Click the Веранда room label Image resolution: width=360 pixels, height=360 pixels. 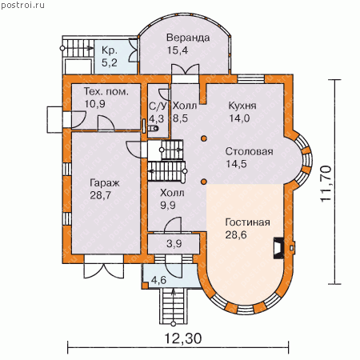pyautogui.click(x=188, y=38)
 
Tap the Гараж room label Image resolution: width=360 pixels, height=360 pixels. pyautogui.click(x=105, y=183)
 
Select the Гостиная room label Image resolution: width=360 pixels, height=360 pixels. pyautogui.click(x=248, y=222)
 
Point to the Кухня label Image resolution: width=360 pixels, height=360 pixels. pyautogui.click(x=242, y=106)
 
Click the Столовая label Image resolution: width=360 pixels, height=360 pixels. pyautogui.click(x=250, y=151)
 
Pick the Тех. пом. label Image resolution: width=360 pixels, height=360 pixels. pyautogui.click(x=106, y=91)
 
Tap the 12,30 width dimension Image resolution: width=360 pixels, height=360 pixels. pyautogui.click(x=183, y=339)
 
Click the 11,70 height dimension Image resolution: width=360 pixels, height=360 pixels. pyautogui.click(x=326, y=184)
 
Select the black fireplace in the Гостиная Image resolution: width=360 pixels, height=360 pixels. pyautogui.click(x=278, y=248)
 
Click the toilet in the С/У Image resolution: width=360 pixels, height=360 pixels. pyautogui.click(x=154, y=129)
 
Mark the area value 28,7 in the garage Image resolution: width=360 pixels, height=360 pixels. pyautogui.click(x=100, y=195)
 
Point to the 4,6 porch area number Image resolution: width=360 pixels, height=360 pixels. pyautogui.click(x=159, y=280)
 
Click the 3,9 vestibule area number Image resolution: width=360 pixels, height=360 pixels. pyautogui.click(x=174, y=243)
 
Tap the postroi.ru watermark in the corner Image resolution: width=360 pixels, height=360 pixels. pyautogui.click(x=23, y=5)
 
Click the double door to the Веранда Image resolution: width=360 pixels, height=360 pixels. pyautogui.click(x=186, y=70)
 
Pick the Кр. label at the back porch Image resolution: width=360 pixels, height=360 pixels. pyautogui.click(x=110, y=50)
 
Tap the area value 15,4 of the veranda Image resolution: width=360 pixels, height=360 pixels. pyautogui.click(x=178, y=50)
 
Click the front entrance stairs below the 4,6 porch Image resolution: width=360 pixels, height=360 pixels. pyautogui.click(x=174, y=306)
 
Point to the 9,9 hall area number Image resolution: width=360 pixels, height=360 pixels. pyautogui.click(x=168, y=205)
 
